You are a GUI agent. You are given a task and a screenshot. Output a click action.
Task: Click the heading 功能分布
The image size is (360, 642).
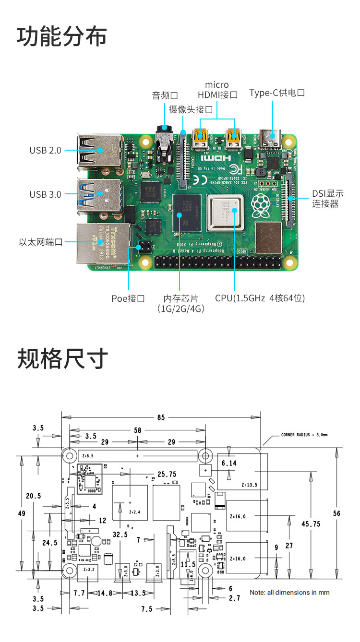coord(62,37)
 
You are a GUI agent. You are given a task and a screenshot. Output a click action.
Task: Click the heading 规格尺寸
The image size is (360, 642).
coord(62,358)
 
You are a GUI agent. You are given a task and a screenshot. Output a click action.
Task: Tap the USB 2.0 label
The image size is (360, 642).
coord(46,150)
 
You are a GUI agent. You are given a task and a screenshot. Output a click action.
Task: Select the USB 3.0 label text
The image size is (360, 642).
coord(46,194)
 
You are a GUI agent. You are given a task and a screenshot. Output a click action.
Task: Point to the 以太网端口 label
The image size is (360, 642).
coord(41,242)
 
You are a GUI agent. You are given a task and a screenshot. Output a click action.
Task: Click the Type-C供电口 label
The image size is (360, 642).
coord(277,93)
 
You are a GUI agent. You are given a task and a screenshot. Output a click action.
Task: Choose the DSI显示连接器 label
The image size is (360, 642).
coord(328,199)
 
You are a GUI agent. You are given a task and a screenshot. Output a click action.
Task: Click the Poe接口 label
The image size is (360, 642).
coord(128,298)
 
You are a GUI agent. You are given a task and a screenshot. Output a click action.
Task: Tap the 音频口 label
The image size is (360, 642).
coord(165,95)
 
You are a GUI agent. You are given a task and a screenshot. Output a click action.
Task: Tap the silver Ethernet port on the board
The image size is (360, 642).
coord(103,244)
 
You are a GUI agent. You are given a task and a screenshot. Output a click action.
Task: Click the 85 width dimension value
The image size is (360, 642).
coord(161,417)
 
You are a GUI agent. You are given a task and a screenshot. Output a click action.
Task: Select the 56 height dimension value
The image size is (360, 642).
coord(336,513)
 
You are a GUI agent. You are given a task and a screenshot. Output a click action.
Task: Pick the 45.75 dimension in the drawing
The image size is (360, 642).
coord(311,524)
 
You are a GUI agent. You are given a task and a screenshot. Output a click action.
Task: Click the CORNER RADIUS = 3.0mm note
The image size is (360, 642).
coord(304,436)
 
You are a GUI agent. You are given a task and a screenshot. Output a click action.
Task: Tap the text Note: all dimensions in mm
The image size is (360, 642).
coord(289,593)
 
